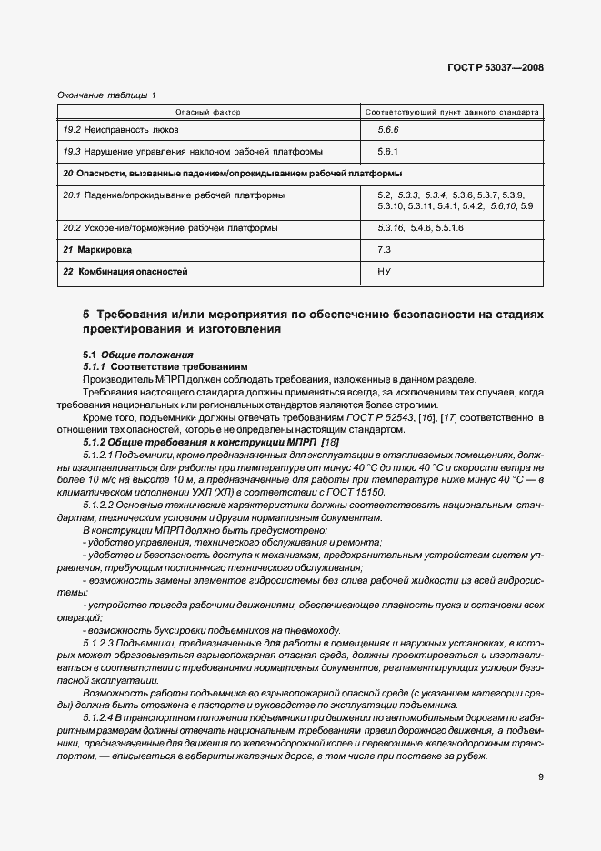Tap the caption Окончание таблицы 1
(106, 95)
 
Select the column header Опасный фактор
(208, 112)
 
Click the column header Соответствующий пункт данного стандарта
(452, 112)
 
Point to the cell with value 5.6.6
(389, 130)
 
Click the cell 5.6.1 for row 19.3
(389, 152)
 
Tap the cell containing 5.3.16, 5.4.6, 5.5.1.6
(420, 227)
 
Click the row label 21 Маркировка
(97, 249)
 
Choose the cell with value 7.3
(384, 249)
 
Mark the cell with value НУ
(384, 271)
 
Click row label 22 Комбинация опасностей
(125, 271)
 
